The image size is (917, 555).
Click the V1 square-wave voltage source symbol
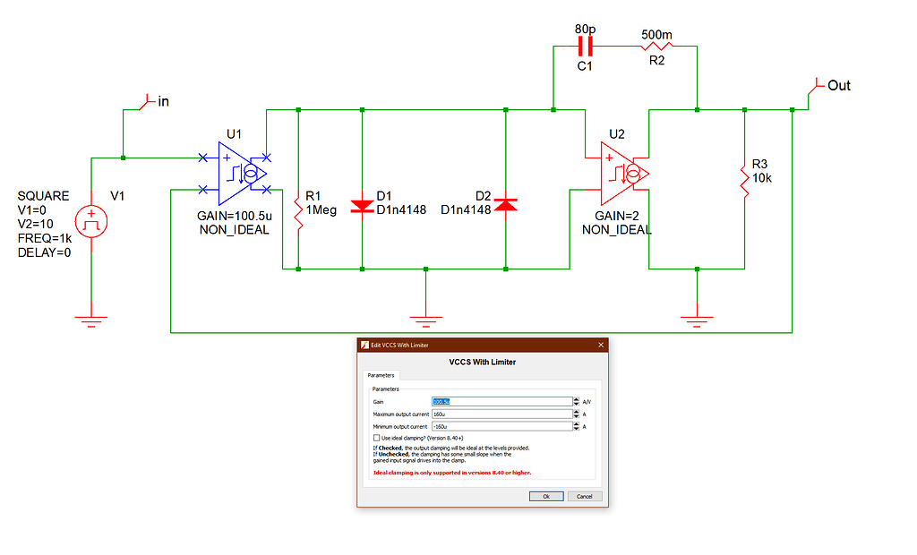click(90, 220)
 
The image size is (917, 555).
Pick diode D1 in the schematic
click(362, 205)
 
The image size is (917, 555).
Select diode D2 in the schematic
click(506, 205)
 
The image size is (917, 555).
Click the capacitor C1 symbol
click(587, 46)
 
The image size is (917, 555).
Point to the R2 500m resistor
click(657, 46)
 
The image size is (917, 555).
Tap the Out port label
click(837, 86)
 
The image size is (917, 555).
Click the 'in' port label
click(162, 102)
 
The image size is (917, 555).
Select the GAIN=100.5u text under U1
click(234, 217)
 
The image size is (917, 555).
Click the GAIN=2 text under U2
click(616, 217)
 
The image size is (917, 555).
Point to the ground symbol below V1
click(90, 320)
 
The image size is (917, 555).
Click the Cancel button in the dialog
click(584, 496)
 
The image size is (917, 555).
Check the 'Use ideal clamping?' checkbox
click(375, 438)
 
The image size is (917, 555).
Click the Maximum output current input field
click(500, 414)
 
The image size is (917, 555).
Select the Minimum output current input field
click(500, 426)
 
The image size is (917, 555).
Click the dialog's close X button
click(600, 345)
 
